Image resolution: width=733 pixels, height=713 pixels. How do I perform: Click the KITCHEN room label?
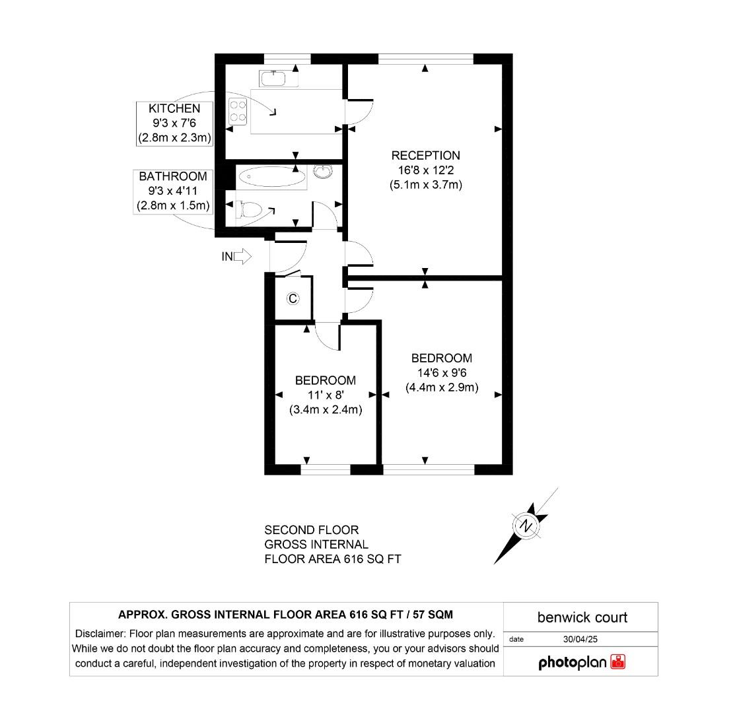click(x=174, y=108)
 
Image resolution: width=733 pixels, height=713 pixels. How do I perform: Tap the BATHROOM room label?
click(x=173, y=176)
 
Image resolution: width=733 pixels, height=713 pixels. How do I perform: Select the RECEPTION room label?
click(x=425, y=156)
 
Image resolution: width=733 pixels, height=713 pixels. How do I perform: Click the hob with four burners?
click(x=238, y=111)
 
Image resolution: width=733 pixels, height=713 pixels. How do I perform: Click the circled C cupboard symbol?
click(x=293, y=299)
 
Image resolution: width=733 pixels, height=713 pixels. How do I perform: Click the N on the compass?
click(x=526, y=526)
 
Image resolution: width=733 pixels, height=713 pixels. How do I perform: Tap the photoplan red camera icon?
click(x=618, y=662)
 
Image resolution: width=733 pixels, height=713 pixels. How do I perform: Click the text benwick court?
click(x=582, y=618)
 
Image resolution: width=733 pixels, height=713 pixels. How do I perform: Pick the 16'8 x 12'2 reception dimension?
click(x=425, y=170)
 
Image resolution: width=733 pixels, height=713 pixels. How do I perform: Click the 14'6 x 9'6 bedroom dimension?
click(x=442, y=373)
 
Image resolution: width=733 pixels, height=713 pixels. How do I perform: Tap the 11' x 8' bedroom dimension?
click(x=326, y=395)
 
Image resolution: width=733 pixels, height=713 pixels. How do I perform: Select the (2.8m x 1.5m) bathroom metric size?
click(x=173, y=206)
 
